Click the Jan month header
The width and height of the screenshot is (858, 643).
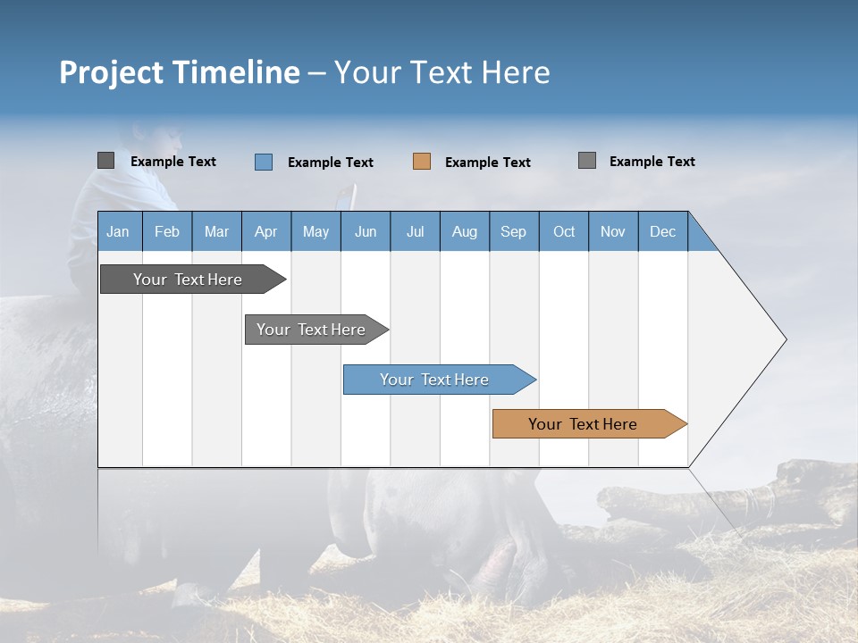click(119, 231)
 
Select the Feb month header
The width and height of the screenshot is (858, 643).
click(167, 231)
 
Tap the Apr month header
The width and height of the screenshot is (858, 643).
click(266, 231)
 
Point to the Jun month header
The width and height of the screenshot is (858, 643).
click(366, 231)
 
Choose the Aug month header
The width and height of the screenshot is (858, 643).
click(465, 231)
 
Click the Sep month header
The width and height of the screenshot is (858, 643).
click(514, 231)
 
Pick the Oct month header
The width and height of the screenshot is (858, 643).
click(564, 231)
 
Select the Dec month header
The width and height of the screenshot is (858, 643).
click(663, 231)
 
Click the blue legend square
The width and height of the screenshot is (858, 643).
click(264, 162)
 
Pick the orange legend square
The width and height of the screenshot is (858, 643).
click(422, 162)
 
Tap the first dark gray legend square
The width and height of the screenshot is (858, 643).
click(105, 161)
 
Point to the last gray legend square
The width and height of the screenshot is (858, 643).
click(587, 161)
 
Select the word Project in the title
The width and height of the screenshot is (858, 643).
click(110, 72)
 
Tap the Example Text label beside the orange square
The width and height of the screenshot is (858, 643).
click(488, 163)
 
